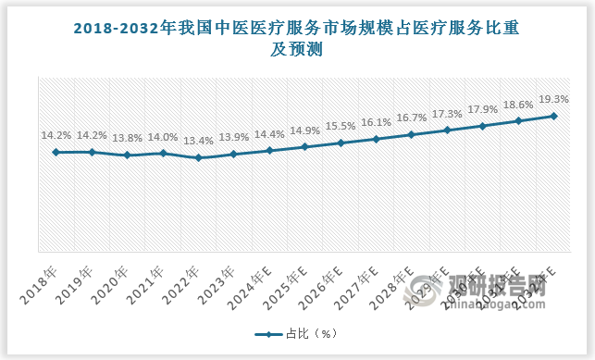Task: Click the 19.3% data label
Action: [553, 99]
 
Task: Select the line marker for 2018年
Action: [56, 152]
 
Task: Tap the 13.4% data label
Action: [198, 141]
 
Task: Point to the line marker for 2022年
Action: [198, 158]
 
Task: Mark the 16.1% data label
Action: [376, 122]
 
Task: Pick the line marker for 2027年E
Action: [376, 139]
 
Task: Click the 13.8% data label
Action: [127, 138]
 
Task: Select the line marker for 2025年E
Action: [304, 146]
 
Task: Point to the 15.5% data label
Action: [341, 126]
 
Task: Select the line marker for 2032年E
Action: [553, 116]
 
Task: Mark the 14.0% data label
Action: [163, 135]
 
